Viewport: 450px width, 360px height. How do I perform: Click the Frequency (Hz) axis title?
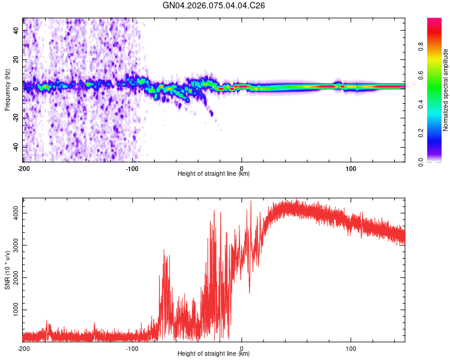pos(7,89)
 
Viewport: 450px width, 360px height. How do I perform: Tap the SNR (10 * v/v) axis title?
pos(7,269)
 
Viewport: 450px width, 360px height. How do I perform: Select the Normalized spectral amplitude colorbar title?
pos(446,90)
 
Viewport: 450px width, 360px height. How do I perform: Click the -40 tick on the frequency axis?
pos(16,147)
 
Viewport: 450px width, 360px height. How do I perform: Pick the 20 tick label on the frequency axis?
pos(16,59)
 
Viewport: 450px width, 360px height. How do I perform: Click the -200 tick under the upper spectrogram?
pos(23,167)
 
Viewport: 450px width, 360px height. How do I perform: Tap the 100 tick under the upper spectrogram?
pos(351,167)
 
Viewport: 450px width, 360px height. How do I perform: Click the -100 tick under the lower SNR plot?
pos(133,347)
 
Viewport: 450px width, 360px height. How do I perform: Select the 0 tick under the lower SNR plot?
pos(242,347)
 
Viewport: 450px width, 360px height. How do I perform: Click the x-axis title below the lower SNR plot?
pos(214,354)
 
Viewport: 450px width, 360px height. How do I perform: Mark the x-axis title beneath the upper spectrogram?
pos(214,174)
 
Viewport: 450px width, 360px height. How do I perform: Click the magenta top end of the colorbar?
pos(434,21)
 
